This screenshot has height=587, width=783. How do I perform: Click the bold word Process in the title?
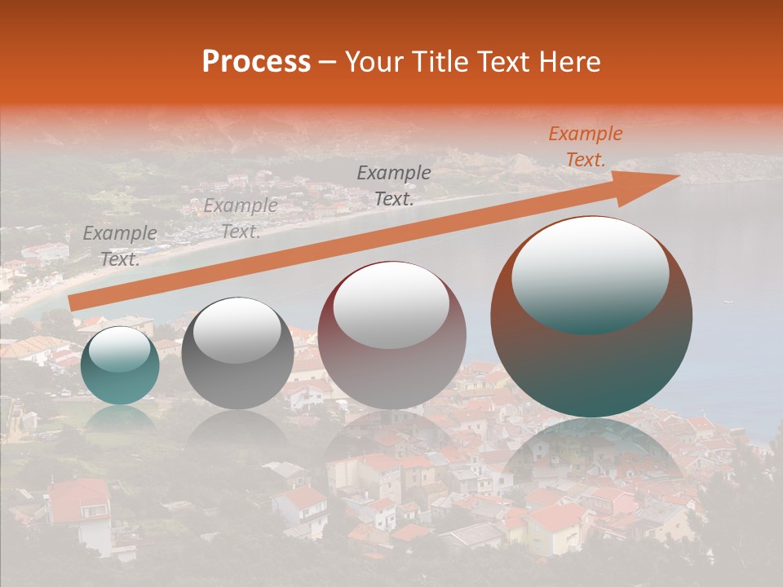[x=256, y=62]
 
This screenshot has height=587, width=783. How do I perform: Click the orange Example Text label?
[x=585, y=147]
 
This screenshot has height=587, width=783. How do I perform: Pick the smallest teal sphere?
[x=120, y=365]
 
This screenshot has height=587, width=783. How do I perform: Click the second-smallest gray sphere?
[x=237, y=354]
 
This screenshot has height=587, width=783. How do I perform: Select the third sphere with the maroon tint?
[x=391, y=335]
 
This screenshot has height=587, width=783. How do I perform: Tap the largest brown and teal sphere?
[x=591, y=316]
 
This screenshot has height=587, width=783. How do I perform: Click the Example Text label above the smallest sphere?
[x=120, y=246]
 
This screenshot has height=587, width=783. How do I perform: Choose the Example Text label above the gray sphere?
[x=240, y=218]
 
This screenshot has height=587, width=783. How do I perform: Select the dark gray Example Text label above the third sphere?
[x=394, y=186]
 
